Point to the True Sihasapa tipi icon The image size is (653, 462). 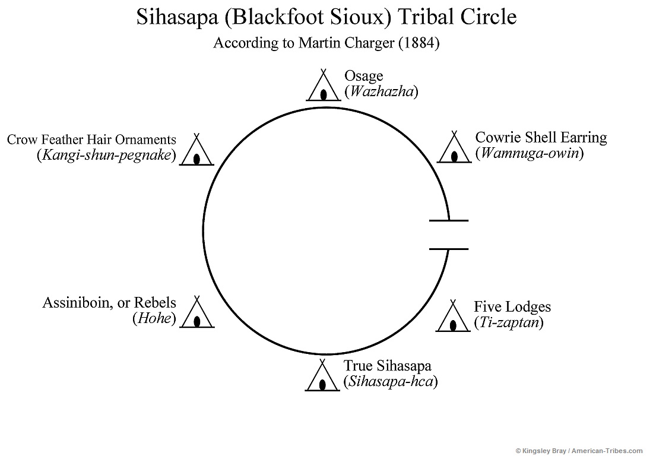[322, 378]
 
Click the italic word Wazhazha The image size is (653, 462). [382, 91]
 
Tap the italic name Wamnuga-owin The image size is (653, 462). [530, 153]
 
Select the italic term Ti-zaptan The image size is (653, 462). [509, 323]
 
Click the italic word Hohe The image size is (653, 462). [154, 318]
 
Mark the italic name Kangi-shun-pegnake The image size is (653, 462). [106, 156]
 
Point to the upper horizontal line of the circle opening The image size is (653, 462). [448, 220]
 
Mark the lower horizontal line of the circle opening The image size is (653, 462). [448, 249]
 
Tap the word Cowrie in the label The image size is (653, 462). [497, 138]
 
